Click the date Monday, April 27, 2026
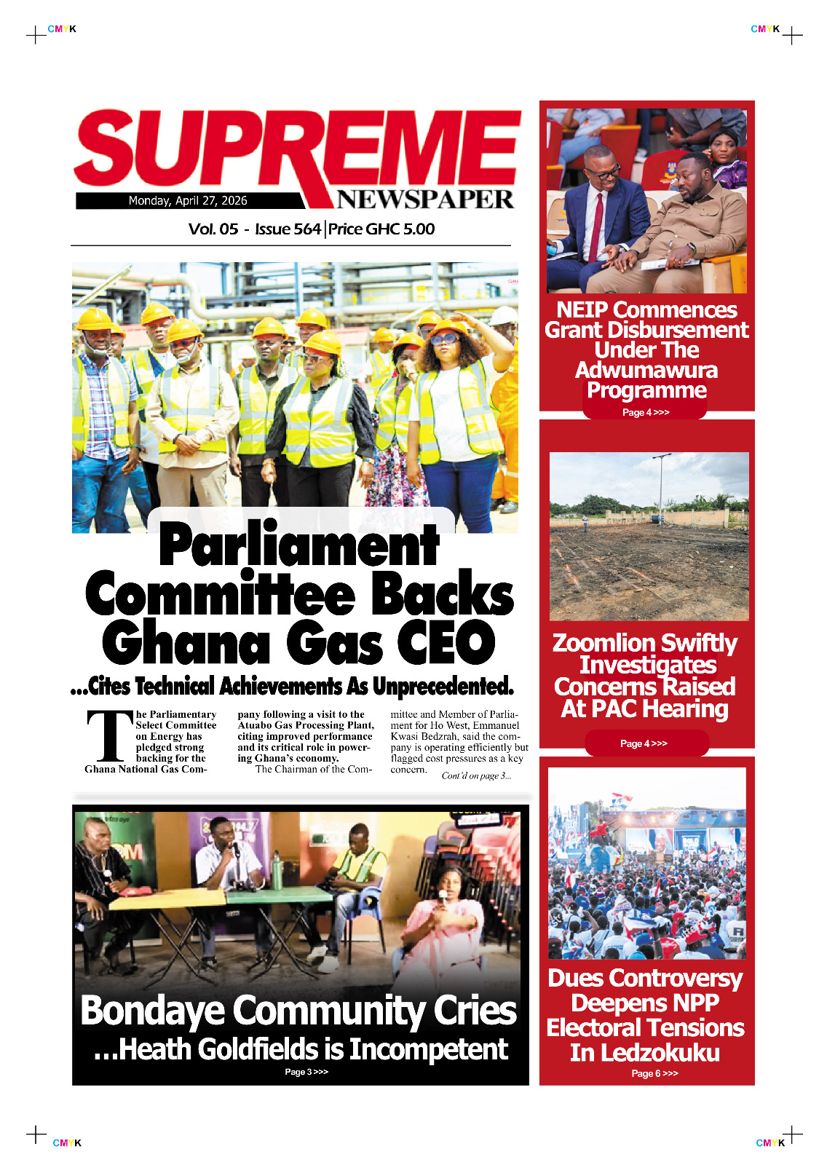point(188,201)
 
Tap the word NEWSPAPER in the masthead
point(425,199)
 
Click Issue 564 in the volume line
point(288,229)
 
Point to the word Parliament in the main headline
point(299,545)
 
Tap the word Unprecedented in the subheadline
point(443,686)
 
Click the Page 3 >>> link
point(306,1072)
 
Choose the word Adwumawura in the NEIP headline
point(646,371)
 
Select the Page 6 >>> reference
point(654,1073)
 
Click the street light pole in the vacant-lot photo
point(661,488)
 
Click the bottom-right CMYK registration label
point(770,1143)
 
